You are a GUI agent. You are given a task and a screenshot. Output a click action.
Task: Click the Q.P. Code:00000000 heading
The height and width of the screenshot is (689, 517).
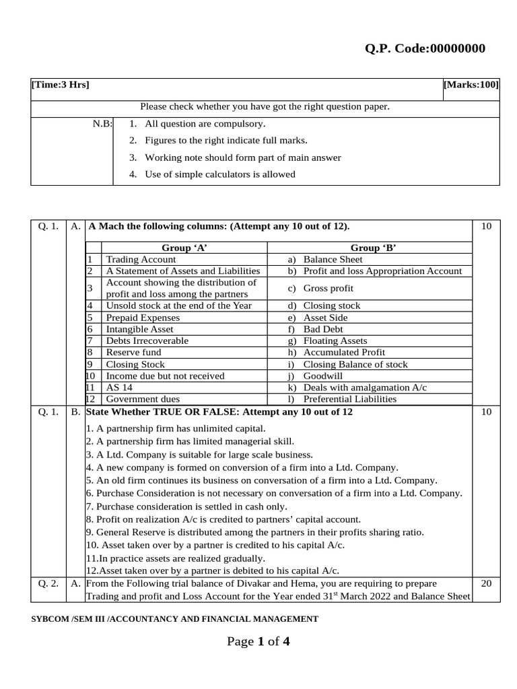(x=424, y=48)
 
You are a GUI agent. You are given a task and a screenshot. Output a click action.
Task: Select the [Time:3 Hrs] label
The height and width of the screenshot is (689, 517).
(x=61, y=85)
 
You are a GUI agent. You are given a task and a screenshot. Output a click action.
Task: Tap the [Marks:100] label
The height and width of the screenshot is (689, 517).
(x=471, y=85)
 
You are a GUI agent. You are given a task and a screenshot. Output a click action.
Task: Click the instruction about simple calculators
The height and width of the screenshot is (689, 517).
(x=219, y=174)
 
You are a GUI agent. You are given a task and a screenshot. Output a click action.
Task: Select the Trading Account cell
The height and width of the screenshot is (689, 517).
(x=141, y=259)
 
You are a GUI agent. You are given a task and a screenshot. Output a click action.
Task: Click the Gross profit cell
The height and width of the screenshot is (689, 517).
(x=328, y=288)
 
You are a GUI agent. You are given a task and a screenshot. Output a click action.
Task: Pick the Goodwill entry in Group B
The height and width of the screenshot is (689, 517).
(x=322, y=376)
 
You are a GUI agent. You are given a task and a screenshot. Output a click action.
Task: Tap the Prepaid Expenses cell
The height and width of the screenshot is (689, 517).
(x=143, y=318)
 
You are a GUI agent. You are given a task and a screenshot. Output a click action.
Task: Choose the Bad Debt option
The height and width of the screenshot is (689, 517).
(x=323, y=329)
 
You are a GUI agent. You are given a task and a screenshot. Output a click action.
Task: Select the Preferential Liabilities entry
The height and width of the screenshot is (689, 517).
(x=350, y=399)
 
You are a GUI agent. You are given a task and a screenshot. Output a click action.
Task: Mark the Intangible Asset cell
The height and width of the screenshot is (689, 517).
(x=139, y=329)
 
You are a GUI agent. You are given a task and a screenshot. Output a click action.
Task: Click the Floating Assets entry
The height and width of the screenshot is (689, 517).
(x=335, y=340)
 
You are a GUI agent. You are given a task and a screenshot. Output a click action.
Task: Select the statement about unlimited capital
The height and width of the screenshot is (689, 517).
(x=176, y=428)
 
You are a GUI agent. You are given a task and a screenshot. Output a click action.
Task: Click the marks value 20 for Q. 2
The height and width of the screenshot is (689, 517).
(x=486, y=583)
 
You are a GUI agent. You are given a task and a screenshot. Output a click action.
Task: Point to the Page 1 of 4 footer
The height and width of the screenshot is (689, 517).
(x=258, y=642)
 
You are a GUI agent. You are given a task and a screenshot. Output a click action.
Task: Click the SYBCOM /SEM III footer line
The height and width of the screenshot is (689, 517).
(x=175, y=619)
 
